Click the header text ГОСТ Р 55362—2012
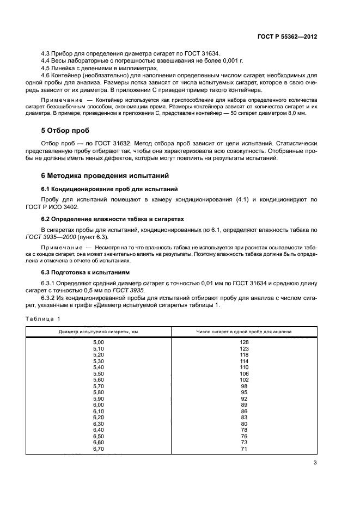point(288,36)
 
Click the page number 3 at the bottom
point(315,463)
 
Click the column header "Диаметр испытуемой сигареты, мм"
point(98,331)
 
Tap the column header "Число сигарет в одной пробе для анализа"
point(244,331)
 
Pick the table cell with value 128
point(244,342)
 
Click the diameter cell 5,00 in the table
point(98,342)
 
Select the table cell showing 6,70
point(98,449)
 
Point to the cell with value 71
point(244,449)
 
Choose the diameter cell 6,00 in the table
point(98,405)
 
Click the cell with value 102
point(244,380)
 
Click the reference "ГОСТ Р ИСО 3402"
point(59,207)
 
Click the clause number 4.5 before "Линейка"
point(47,69)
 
